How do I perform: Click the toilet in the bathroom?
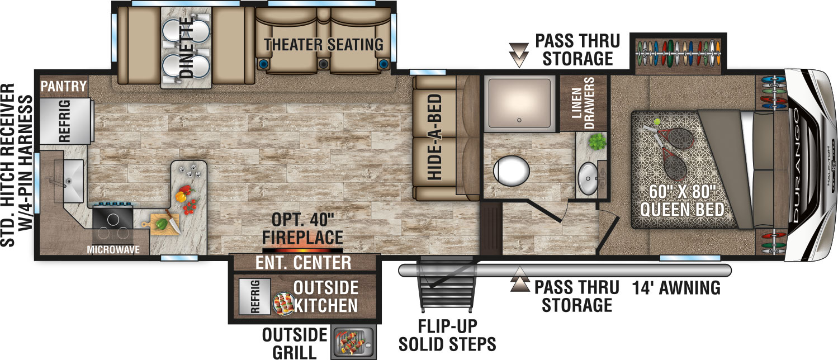point(512,172)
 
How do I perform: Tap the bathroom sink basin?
point(588,178)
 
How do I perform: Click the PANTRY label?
point(64,87)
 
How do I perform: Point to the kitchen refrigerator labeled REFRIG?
point(65,121)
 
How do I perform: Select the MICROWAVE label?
point(113,250)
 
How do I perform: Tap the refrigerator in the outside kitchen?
point(254,296)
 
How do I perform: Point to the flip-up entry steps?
point(448,285)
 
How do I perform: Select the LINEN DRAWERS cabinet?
point(583,103)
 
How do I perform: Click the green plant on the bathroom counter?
point(598,141)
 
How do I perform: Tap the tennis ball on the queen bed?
point(657,122)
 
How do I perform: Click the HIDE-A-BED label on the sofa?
point(434,137)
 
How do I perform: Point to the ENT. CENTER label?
point(304,263)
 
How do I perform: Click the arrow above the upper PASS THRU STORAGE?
point(519,55)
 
